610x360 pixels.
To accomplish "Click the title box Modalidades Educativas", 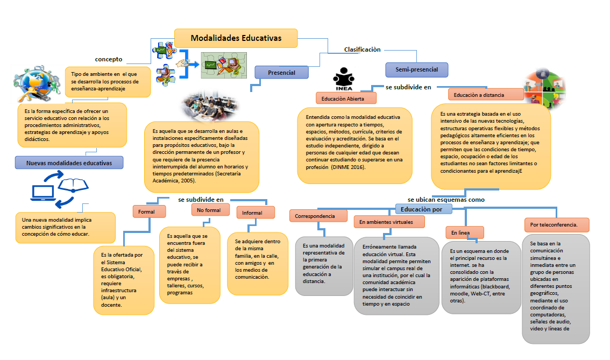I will (236, 38).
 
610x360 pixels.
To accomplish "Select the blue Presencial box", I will (282, 72).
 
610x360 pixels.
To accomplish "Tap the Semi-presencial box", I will (416, 69).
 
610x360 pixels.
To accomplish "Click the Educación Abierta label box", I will (346, 98).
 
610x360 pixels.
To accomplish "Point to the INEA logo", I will (343, 79).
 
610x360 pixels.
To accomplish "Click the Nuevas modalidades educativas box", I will (69, 163).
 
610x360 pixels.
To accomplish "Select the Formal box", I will (146, 211).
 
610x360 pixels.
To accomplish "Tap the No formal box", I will (210, 210).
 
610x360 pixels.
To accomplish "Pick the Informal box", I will (252, 213).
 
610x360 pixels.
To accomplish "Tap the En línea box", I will (464, 232).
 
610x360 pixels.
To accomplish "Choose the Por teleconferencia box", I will (556, 224).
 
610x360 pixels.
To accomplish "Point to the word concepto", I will (109, 59).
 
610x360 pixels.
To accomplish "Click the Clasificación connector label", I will (362, 50).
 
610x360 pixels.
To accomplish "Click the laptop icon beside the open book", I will (43, 192).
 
